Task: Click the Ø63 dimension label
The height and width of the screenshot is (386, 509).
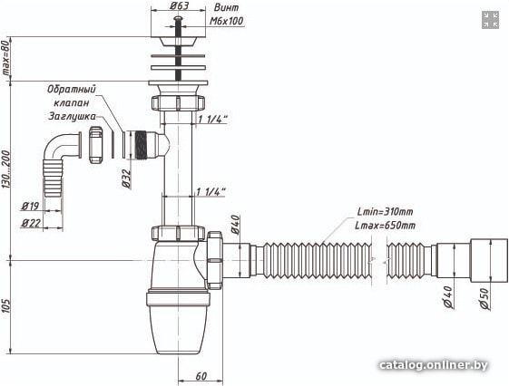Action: [179, 5]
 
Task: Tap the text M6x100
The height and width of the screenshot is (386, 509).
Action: [226, 21]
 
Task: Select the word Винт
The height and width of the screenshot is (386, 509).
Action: [226, 7]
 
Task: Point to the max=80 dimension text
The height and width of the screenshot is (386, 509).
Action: [5, 58]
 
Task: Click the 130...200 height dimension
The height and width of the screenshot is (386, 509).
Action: [6, 169]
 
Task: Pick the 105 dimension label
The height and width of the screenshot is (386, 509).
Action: [6, 305]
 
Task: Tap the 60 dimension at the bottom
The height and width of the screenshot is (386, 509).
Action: [201, 376]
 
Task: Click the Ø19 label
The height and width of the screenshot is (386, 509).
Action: [30, 206]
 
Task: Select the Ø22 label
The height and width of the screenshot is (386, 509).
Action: [31, 223]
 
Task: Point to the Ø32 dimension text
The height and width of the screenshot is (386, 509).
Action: [126, 179]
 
